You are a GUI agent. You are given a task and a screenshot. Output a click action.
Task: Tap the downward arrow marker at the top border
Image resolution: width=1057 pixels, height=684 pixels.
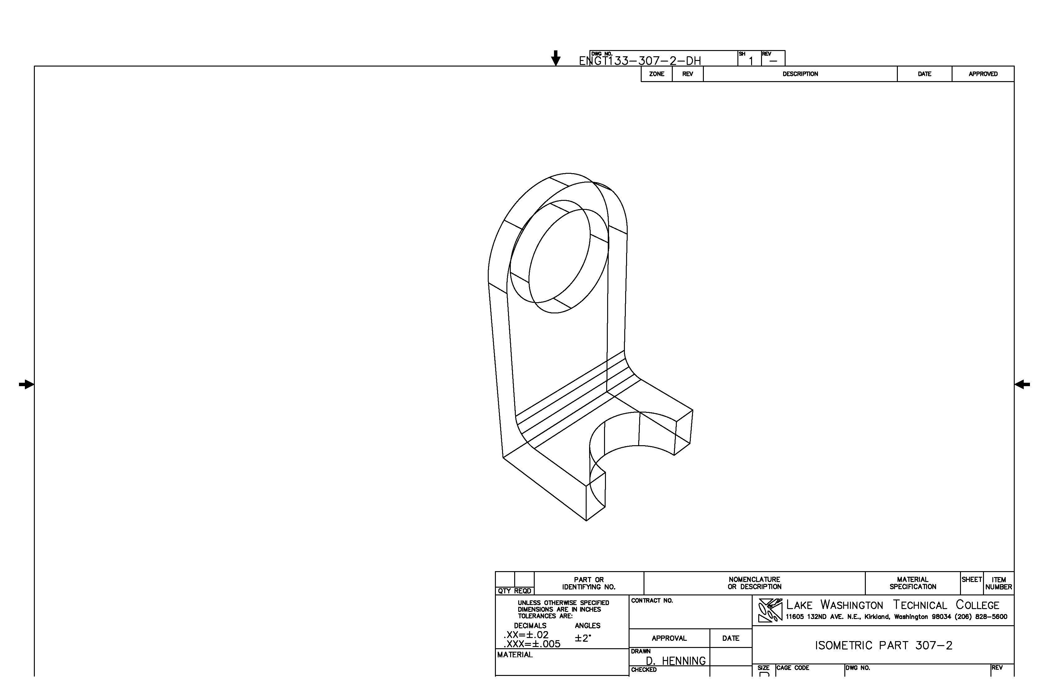(x=556, y=58)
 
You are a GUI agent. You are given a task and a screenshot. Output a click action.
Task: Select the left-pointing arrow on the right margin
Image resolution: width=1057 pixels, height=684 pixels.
(x=1022, y=385)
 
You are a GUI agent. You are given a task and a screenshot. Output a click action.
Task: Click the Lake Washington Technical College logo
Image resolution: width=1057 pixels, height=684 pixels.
(x=770, y=611)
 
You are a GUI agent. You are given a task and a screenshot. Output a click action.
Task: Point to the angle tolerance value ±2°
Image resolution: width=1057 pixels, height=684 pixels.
(x=583, y=638)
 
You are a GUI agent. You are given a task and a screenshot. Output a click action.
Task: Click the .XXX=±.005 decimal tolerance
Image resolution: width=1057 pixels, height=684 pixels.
(x=532, y=644)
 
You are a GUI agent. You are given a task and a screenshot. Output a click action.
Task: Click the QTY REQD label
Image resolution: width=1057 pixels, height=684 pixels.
(x=514, y=591)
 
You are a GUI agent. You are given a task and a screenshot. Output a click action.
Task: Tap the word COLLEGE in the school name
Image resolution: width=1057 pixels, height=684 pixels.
(x=977, y=605)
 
